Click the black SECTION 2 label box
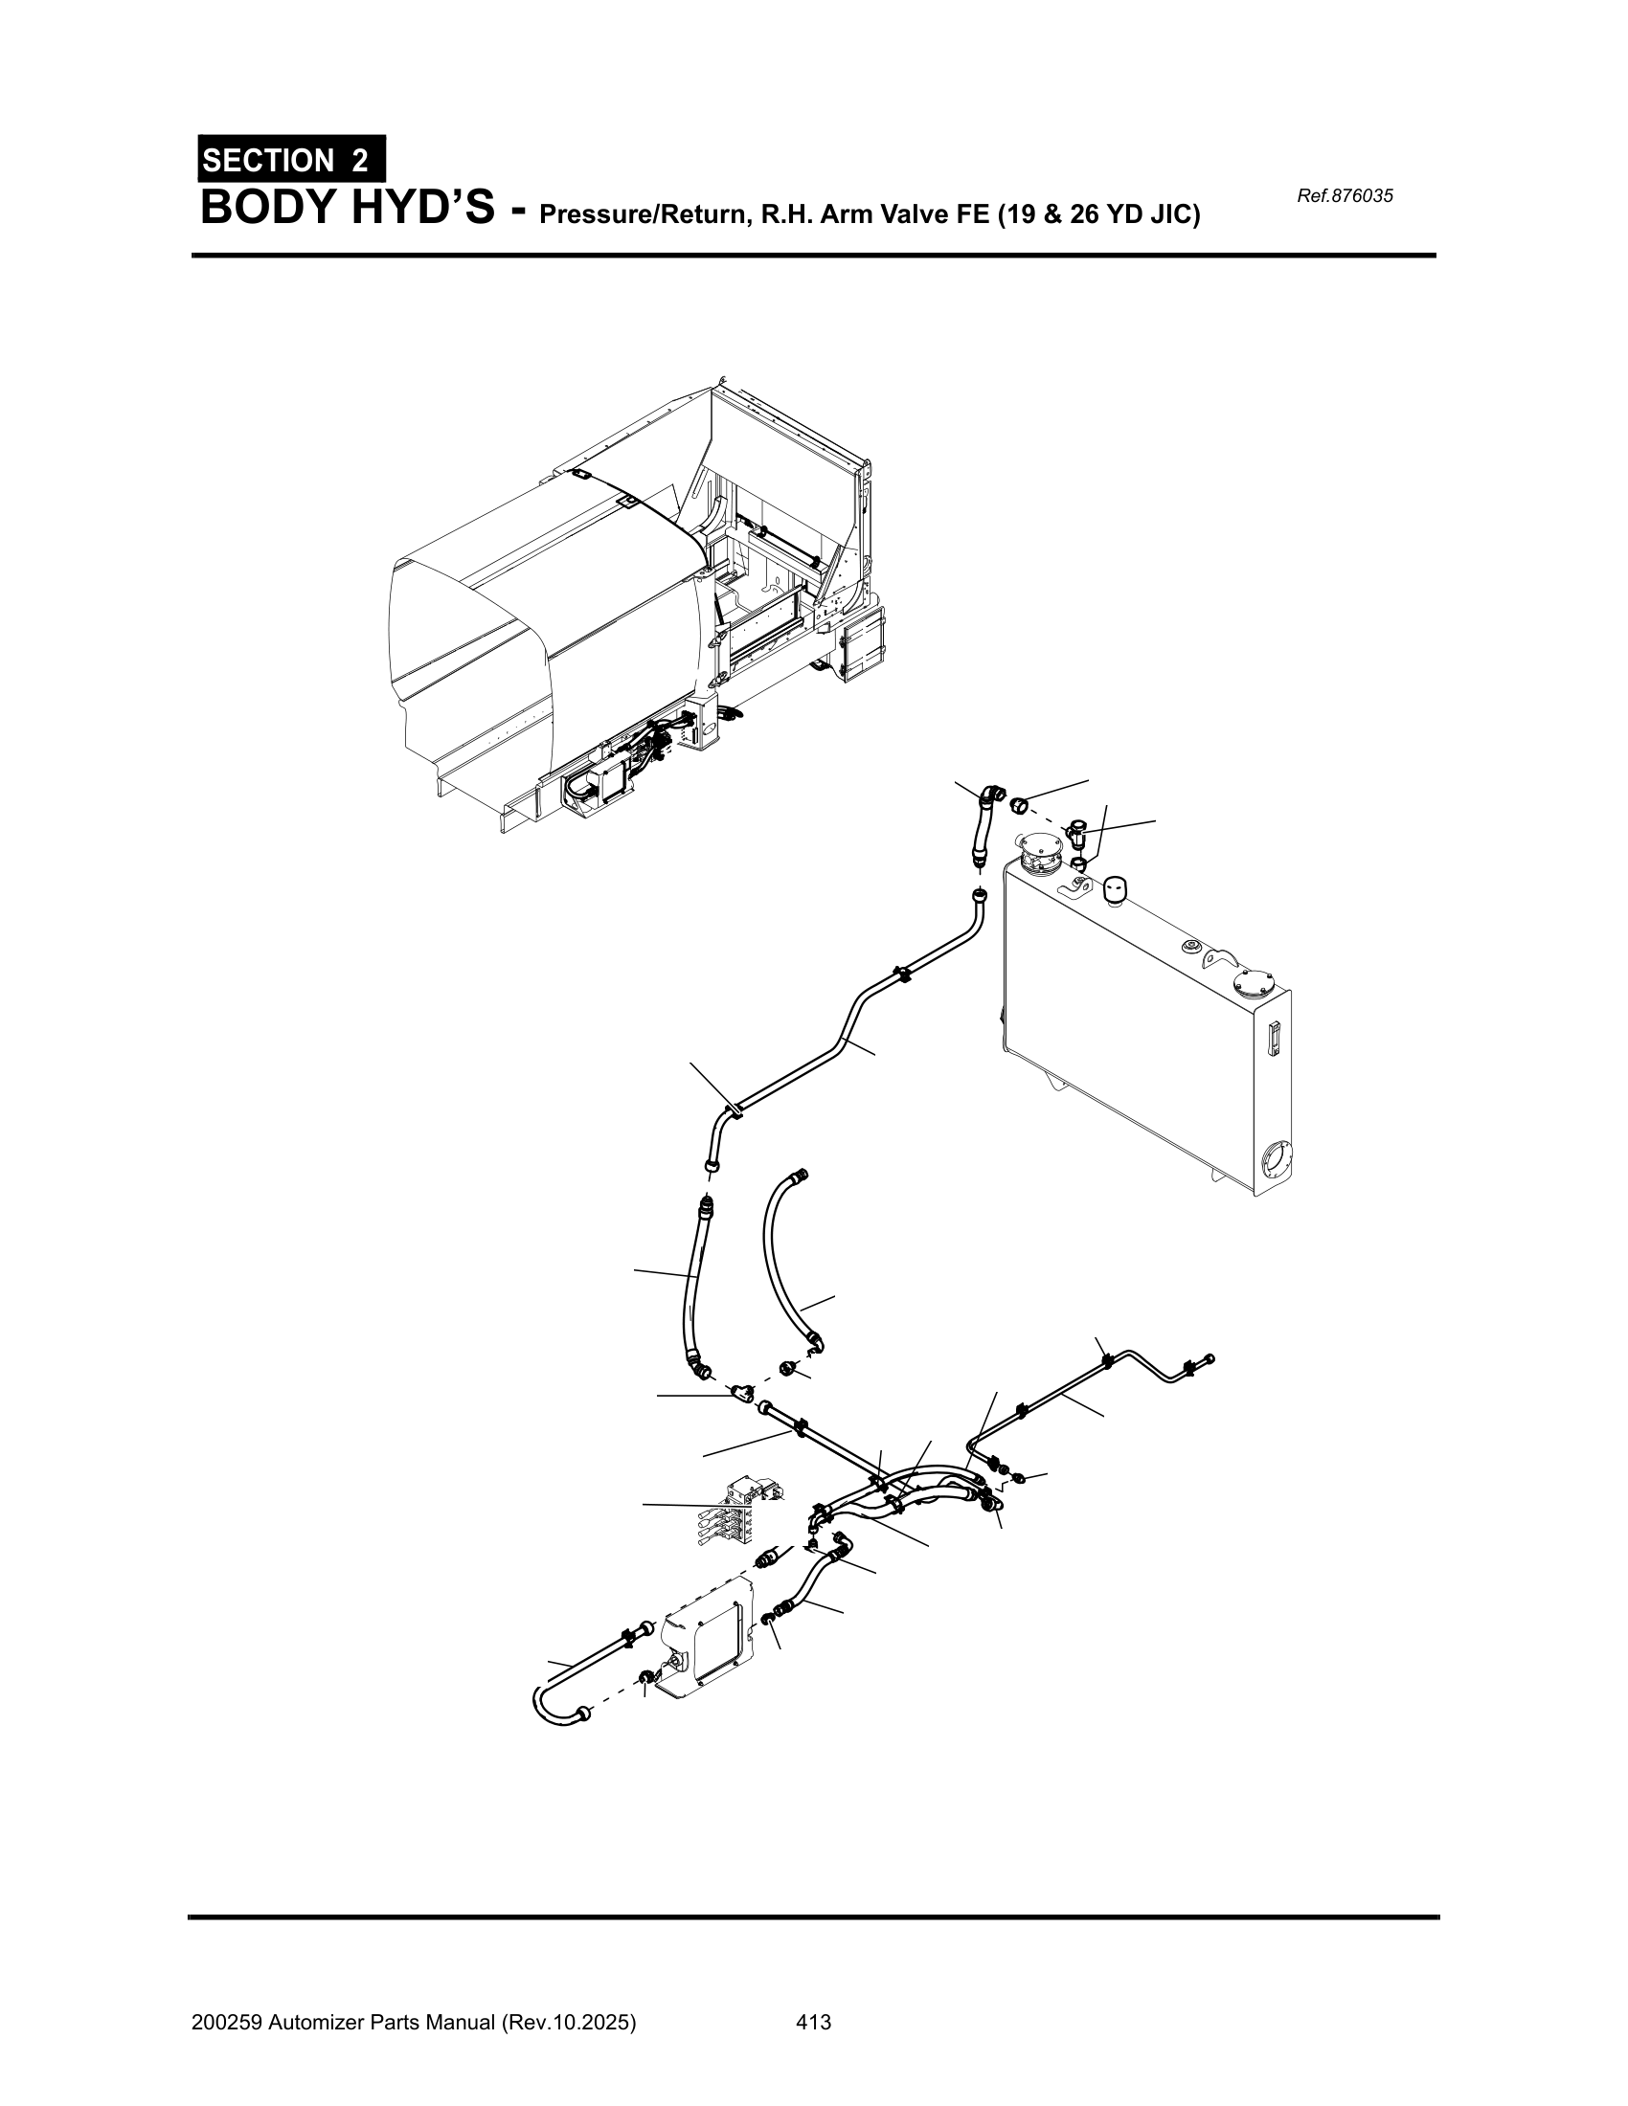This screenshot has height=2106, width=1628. click(291, 159)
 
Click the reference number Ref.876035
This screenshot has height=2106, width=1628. click(1345, 196)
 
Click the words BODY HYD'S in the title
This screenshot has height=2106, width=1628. click(348, 208)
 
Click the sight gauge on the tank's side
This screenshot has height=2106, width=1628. click(1271, 1041)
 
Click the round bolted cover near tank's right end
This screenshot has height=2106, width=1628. click(1253, 984)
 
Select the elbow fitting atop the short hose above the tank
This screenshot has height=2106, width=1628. click(987, 796)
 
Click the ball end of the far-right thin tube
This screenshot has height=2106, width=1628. click(1211, 1358)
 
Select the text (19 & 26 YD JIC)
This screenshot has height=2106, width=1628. click(1099, 214)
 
